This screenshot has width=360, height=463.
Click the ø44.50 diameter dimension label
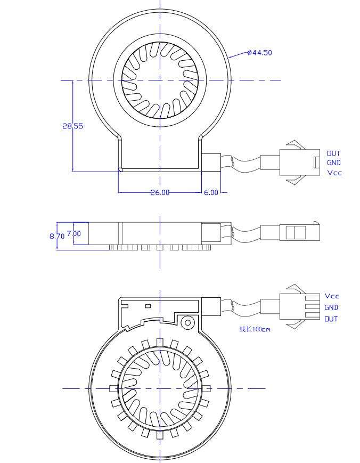(260, 53)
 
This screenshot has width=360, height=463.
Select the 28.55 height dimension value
(72, 126)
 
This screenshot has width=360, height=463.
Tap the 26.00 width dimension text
(160, 192)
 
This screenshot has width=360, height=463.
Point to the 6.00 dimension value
(211, 192)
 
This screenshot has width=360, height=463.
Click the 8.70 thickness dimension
(56, 236)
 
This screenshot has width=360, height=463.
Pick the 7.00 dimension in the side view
(73, 233)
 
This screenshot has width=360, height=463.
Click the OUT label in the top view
(334, 153)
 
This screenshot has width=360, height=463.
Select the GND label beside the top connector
(334, 163)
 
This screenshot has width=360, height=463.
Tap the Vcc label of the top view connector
(334, 173)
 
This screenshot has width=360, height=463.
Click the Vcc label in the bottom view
(332, 296)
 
